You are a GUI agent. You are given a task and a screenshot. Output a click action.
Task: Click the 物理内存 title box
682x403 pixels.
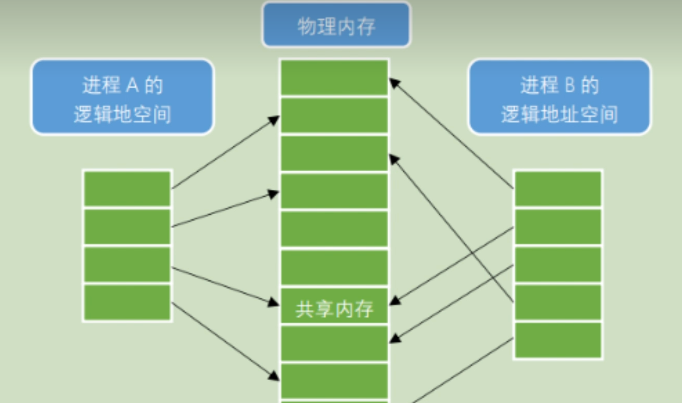click(x=336, y=25)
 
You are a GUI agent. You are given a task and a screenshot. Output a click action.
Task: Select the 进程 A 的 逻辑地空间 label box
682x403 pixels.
click(x=122, y=98)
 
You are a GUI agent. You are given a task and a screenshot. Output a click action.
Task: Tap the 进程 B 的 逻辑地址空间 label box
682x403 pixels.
click(x=559, y=98)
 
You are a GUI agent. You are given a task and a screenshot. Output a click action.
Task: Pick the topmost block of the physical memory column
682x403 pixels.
click(x=334, y=78)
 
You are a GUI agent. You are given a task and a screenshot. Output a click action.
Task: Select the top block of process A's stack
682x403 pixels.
click(x=127, y=189)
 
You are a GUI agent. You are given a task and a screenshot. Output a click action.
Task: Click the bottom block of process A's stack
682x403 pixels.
click(x=127, y=303)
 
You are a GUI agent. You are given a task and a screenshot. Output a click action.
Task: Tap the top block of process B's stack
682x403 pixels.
click(x=558, y=189)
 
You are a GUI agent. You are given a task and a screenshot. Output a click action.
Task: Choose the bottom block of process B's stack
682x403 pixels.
click(x=558, y=340)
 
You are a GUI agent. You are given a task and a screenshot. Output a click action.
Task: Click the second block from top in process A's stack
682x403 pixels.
click(x=127, y=227)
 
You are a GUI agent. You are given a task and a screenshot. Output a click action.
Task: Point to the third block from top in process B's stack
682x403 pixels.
click(x=558, y=265)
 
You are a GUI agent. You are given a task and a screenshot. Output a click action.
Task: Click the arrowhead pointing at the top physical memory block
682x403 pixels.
click(x=394, y=82)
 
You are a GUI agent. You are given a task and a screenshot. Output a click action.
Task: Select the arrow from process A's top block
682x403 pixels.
click(x=225, y=152)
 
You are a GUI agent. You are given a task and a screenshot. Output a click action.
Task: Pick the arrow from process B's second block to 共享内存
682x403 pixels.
click(x=451, y=265)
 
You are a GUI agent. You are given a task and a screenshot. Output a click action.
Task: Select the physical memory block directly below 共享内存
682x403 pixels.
click(x=334, y=343)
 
